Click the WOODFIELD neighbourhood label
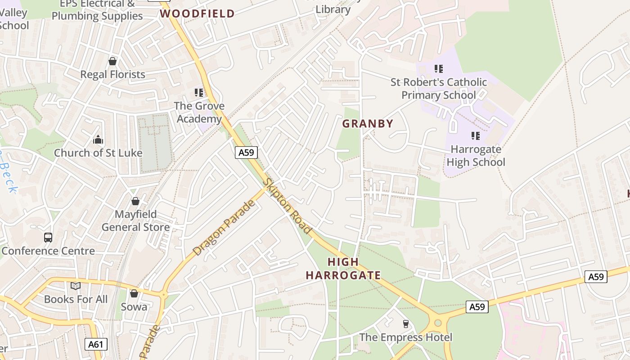tap(198, 13)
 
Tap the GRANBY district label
tap(368, 124)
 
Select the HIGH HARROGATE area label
tap(343, 269)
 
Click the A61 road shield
tap(96, 345)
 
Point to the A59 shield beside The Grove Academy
tap(246, 153)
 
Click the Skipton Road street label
tap(288, 206)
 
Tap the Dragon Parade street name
tap(224, 228)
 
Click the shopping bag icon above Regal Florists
tap(112, 61)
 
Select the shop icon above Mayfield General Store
tap(135, 201)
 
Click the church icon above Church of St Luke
tap(98, 140)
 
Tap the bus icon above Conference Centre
tap(48, 238)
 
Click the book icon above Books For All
tap(76, 286)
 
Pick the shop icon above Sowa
tap(134, 294)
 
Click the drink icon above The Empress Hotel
tap(405, 324)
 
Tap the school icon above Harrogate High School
tap(476, 136)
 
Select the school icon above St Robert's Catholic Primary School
tap(439, 69)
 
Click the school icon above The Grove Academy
tap(199, 93)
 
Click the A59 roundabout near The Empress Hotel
tap(438, 323)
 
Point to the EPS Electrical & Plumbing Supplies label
tap(97, 10)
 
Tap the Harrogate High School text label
tap(477, 156)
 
